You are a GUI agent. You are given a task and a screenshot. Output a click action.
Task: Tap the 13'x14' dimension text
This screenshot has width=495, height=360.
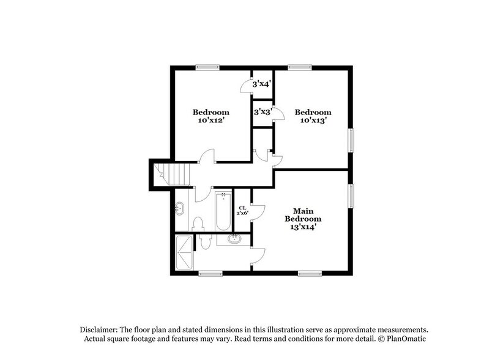[x=307, y=226]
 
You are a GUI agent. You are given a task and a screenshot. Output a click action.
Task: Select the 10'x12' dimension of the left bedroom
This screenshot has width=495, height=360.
[x=211, y=121]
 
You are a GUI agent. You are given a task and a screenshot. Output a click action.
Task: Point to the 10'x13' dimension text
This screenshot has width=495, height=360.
[x=313, y=121]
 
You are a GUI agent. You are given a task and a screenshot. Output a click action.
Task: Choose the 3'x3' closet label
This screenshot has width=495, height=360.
[x=262, y=113]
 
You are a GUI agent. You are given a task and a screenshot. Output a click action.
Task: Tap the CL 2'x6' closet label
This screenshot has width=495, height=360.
[x=243, y=211]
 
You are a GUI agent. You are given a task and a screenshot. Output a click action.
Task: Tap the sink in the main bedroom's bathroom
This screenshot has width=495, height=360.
[x=234, y=239]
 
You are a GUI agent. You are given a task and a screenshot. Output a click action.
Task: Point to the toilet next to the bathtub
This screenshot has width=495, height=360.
[x=198, y=223]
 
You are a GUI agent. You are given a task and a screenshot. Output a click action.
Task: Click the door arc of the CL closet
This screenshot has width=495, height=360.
[x=259, y=211]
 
